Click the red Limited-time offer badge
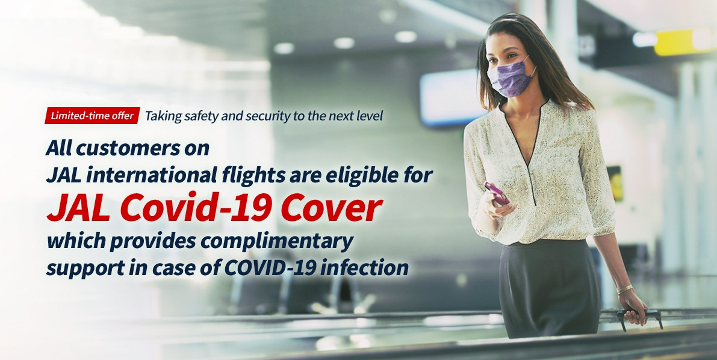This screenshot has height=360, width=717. [x=92, y=116]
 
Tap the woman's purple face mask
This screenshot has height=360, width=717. [x=511, y=77]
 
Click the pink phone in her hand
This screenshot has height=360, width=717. [x=496, y=193]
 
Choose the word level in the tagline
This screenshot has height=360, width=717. [x=372, y=116]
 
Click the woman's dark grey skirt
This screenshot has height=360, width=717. [x=548, y=286]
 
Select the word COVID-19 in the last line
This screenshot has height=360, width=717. [x=269, y=268]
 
